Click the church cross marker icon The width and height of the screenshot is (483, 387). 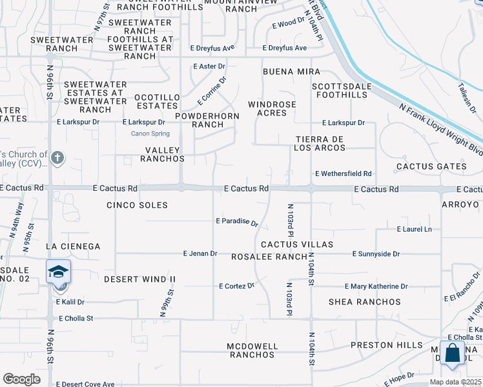[x=57, y=157]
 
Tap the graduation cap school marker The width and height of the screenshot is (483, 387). [x=58, y=272]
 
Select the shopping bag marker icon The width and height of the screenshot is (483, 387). [x=453, y=353]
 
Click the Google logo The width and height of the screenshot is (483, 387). [x=21, y=379]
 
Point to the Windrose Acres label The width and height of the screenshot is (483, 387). [x=272, y=108]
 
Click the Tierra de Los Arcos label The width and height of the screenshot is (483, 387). [x=320, y=143]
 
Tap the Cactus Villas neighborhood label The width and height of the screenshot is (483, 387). [x=297, y=244]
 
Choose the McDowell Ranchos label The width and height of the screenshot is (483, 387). [x=252, y=350]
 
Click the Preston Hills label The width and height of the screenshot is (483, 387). [x=387, y=345]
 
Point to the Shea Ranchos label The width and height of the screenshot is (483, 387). [x=365, y=302]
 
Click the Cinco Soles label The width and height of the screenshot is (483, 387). [x=137, y=205]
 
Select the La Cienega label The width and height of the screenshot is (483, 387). [x=74, y=246]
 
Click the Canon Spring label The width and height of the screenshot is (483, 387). [x=150, y=134]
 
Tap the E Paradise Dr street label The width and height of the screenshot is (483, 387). [x=236, y=221]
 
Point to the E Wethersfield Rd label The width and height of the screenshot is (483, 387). [x=344, y=174]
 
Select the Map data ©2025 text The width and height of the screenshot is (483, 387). [x=455, y=382]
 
